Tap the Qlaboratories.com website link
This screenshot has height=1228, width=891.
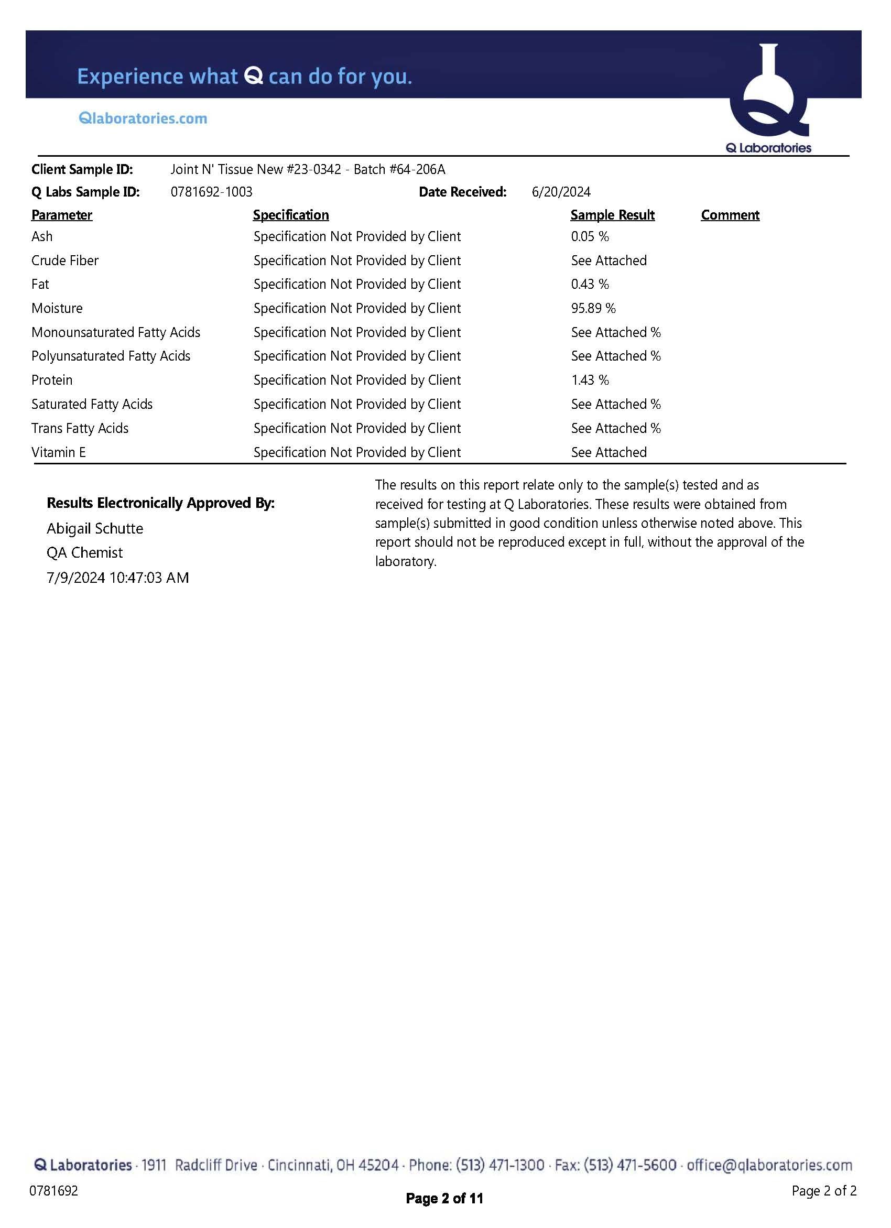point(143,118)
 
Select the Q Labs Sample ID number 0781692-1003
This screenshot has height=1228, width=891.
point(211,192)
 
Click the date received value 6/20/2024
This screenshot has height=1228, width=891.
point(561,192)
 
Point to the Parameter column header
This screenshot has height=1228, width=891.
point(62,215)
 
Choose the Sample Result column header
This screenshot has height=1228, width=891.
point(612,215)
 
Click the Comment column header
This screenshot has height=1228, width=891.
point(730,215)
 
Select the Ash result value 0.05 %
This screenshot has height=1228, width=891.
point(590,236)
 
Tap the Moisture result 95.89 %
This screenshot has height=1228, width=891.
point(593,309)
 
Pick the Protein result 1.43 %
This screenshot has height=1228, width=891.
point(590,380)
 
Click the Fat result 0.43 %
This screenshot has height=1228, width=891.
point(590,284)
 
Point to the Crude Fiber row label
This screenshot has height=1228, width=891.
point(65,261)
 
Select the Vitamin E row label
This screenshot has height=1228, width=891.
point(59,453)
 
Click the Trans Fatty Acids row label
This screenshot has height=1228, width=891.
point(80,428)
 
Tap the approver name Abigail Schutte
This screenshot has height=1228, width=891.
point(95,528)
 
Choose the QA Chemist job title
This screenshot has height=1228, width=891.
point(84,553)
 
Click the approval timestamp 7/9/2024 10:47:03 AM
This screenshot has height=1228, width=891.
point(117,578)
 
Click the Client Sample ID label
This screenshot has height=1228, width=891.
point(82,169)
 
